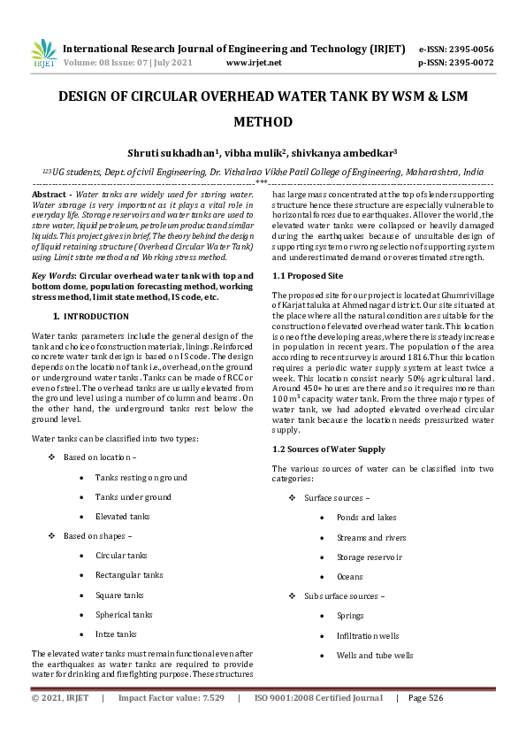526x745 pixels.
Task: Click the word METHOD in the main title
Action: coord(263,123)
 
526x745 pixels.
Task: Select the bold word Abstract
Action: coord(50,193)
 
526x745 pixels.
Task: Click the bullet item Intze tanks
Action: coord(116,634)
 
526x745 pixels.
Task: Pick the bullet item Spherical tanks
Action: coord(124,614)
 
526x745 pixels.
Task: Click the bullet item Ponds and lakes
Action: coord(366,518)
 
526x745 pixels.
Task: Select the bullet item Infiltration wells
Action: coord(368,636)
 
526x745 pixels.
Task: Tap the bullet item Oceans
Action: coord(350,577)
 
